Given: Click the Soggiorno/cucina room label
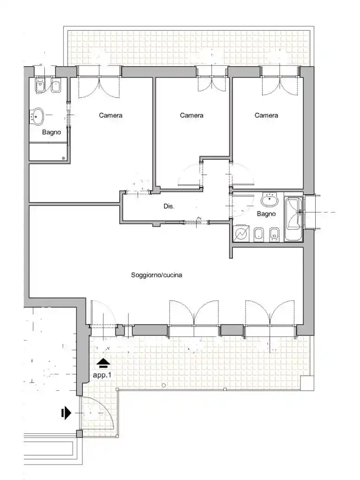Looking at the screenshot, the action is coord(156,275).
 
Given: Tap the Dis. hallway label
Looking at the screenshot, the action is coord(169,206).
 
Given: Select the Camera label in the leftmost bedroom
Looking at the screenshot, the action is coord(111,115).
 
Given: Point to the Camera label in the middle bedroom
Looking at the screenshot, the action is coord(192,115).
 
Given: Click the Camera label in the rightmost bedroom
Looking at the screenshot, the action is coord(266,115).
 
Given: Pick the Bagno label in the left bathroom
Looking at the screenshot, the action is coord(52,133).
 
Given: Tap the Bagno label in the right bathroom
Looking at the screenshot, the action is coord(266,214).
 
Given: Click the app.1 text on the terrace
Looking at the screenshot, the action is coord(102,375).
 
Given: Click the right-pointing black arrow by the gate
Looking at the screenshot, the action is coord(66,413).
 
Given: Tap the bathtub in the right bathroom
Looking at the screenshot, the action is coord(294,219).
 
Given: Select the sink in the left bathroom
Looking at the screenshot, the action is coord(38,116).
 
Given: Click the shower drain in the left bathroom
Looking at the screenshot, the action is coord(64,158).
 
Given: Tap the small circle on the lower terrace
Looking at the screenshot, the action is coord(164,385).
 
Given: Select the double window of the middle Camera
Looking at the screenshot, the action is coord(212,80).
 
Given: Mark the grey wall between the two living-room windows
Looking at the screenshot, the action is coord(232,330).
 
